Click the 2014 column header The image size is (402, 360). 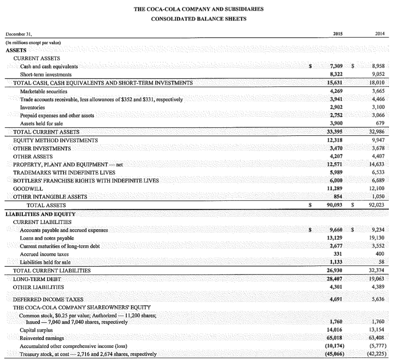pyautogui.click(x=380, y=34)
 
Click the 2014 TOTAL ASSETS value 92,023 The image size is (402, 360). pyautogui.click(x=377, y=205)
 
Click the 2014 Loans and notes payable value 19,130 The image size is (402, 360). pyautogui.click(x=377, y=238)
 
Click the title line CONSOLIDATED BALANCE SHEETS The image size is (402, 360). pyautogui.click(x=199, y=19)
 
